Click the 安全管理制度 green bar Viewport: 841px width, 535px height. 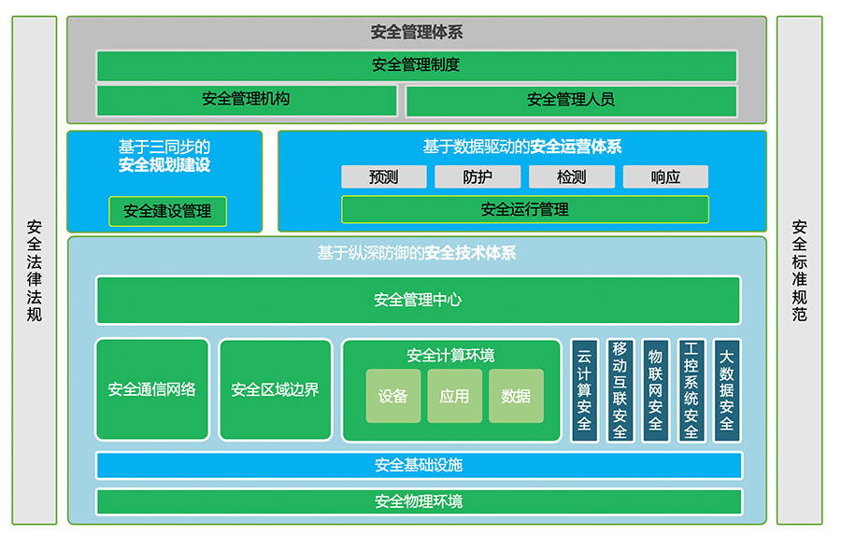(x=416, y=65)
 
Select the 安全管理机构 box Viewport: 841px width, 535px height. (x=247, y=100)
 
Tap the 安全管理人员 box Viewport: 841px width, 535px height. (x=571, y=100)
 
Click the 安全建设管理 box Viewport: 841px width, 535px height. (x=168, y=211)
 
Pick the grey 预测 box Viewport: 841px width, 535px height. (x=383, y=176)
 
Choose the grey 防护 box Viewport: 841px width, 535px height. (x=478, y=176)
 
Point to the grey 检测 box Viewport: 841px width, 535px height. (x=572, y=176)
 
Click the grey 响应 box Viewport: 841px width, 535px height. (x=665, y=176)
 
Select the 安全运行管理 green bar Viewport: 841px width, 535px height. (x=524, y=209)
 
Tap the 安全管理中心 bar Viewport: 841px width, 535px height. (x=418, y=300)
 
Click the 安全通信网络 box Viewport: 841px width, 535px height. (x=152, y=389)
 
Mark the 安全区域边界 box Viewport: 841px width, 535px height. (x=275, y=389)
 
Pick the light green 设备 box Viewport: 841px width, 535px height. (x=393, y=396)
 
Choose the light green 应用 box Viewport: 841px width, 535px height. (x=454, y=396)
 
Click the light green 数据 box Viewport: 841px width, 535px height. (x=516, y=396)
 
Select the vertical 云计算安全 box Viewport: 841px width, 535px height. (x=585, y=390)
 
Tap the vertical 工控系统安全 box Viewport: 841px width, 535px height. (x=691, y=390)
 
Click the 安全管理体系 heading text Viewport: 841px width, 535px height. (x=416, y=33)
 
